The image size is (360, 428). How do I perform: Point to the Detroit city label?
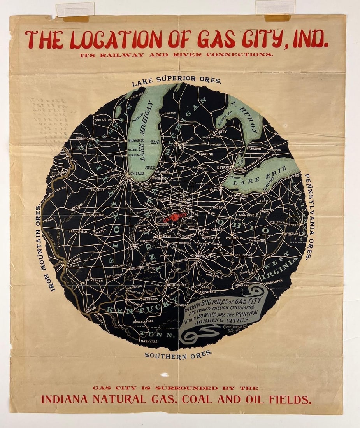(x=224, y=167)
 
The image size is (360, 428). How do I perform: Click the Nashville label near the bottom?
(x=149, y=341)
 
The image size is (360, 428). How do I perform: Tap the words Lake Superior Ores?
(x=176, y=79)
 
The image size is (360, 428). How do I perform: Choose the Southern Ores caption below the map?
(x=179, y=354)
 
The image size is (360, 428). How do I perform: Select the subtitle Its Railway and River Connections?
(x=176, y=55)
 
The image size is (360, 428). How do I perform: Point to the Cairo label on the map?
(x=92, y=309)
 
